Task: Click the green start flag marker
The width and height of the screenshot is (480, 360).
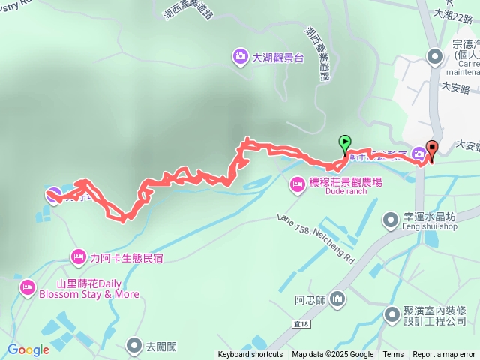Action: pyautogui.click(x=345, y=142)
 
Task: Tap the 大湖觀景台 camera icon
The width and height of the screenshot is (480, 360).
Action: pyautogui.click(x=240, y=56)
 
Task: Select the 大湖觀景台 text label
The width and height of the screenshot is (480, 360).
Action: pyautogui.click(x=277, y=57)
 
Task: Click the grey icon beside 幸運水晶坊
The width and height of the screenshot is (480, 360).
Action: pyautogui.click(x=391, y=219)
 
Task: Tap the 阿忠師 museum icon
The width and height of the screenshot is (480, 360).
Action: pyautogui.click(x=337, y=298)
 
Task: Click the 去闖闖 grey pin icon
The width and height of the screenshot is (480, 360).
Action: pyautogui.click(x=133, y=345)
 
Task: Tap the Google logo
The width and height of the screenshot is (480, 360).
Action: pyautogui.click(x=28, y=349)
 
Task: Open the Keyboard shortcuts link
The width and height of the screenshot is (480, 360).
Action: pyautogui.click(x=250, y=355)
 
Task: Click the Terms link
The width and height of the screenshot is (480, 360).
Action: pyautogui.click(x=393, y=355)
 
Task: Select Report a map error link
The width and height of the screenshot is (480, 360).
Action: pyautogui.click(x=444, y=355)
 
